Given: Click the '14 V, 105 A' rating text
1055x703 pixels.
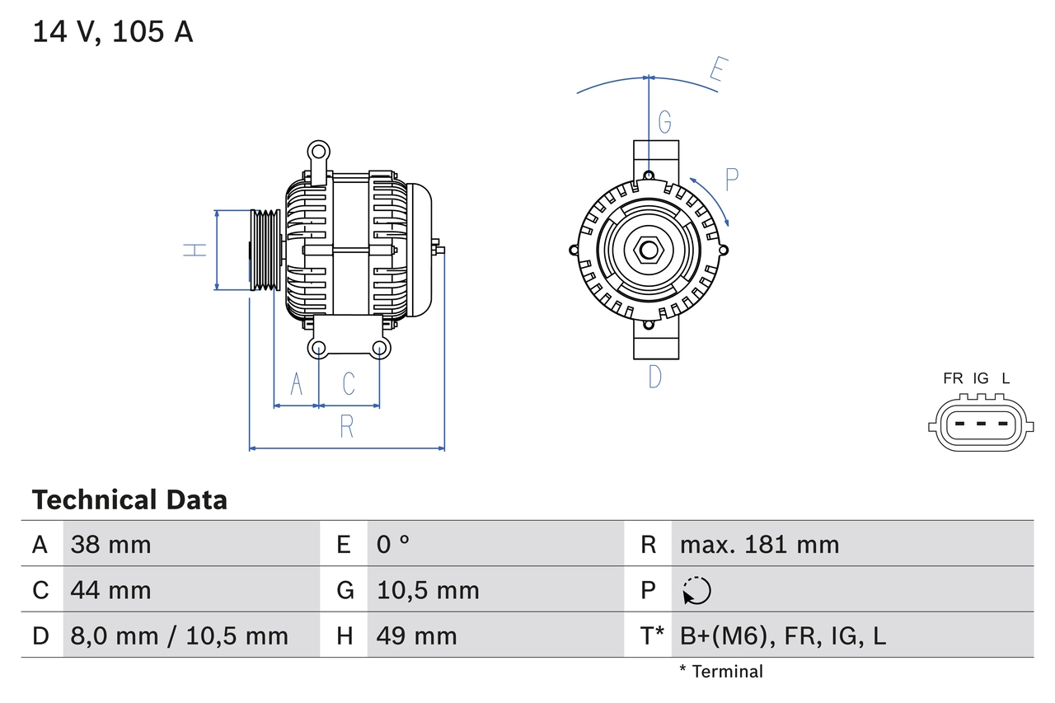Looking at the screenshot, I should point(113,32).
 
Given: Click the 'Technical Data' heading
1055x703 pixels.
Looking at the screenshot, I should point(129,499).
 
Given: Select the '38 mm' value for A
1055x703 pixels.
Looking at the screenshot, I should point(110,544).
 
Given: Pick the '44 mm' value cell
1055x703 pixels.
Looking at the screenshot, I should point(110,590).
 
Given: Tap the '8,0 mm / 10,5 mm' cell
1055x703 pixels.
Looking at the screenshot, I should point(179,635).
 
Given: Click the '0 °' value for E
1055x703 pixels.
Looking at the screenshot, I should point(393,544).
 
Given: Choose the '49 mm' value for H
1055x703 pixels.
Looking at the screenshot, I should point(416,635).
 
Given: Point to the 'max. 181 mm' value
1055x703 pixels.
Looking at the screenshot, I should point(759,544).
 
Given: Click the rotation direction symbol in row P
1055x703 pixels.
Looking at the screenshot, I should point(696,591).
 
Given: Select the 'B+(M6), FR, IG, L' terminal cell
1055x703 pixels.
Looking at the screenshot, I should point(782,635).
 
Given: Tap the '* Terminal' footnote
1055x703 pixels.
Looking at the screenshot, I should point(721,672).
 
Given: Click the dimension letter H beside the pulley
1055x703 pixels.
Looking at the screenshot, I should point(195,249).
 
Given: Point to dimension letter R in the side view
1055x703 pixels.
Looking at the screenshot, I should point(347,427).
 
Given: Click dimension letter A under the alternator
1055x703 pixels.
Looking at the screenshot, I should point(297,384).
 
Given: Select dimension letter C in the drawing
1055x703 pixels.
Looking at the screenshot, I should point(349,384).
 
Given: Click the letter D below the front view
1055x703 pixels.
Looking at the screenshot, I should point(654,377).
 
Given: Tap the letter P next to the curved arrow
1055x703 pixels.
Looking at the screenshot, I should point(731,179).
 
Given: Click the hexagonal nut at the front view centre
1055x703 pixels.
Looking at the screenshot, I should point(649,249).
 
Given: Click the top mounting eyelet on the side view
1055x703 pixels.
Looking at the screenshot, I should point(318,152).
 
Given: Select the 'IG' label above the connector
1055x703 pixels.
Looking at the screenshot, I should point(980,378).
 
